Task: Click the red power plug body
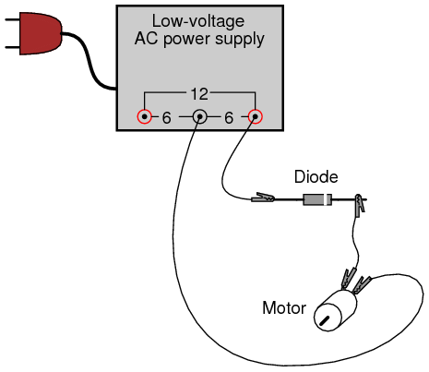pyautogui.click(x=40, y=33)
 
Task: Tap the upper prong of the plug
pyautogui.click(x=12, y=19)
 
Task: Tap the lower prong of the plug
pyautogui.click(x=12, y=48)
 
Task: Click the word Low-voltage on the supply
pyautogui.click(x=198, y=21)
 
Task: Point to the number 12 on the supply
pyautogui.click(x=199, y=94)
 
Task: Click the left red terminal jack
pyautogui.click(x=144, y=117)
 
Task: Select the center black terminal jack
pyautogui.click(x=199, y=117)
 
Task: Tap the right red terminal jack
pyautogui.click(x=255, y=117)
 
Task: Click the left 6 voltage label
pyautogui.click(x=166, y=118)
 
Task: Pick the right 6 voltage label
pyautogui.click(x=229, y=118)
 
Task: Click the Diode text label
pyautogui.click(x=316, y=177)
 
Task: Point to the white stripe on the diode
pyautogui.click(x=327, y=199)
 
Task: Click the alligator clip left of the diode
pyautogui.click(x=263, y=198)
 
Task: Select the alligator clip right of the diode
pyautogui.click(x=360, y=204)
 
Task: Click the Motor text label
pyautogui.click(x=284, y=308)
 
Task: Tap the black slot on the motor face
pyautogui.click(x=324, y=320)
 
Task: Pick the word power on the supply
pyautogui.click(x=187, y=40)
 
